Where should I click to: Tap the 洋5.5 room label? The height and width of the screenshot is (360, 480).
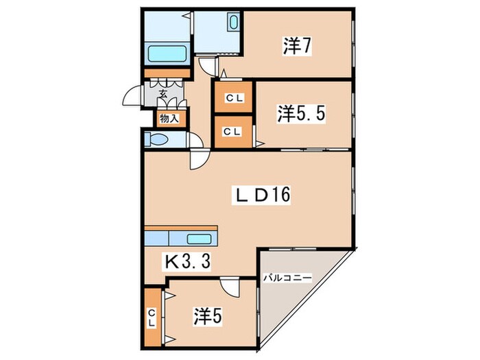301,113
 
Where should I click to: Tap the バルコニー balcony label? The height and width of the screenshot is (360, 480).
288,278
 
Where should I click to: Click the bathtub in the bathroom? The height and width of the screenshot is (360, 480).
167,53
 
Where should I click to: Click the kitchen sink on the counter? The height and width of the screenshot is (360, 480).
200,239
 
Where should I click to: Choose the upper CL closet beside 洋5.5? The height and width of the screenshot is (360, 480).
232,98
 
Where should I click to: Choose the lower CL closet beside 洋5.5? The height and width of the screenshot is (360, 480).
232,132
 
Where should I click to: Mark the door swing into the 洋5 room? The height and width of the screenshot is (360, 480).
230,288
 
